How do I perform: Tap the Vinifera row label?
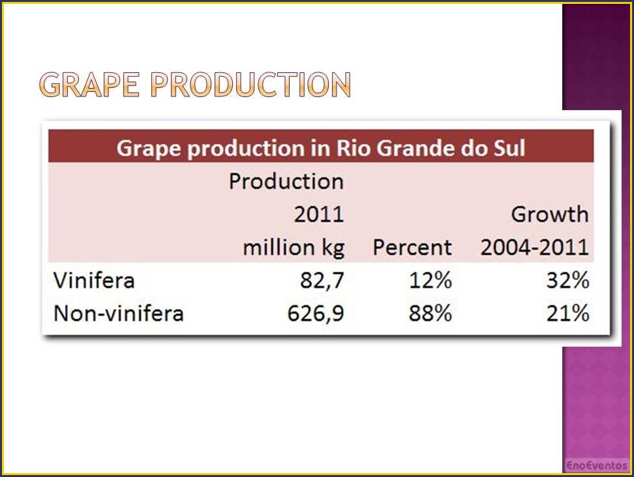coord(94,280)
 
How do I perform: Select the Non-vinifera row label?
coord(119,313)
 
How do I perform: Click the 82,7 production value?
coord(322,280)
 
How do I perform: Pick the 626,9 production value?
coord(316,313)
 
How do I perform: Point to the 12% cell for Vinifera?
coord(430,280)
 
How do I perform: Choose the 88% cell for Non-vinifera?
coord(430,313)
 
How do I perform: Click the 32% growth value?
coord(567,280)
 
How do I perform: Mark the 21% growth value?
coord(567,313)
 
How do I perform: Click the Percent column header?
coord(412,247)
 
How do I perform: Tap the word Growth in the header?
coord(550,214)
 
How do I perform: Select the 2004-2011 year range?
coord(535,247)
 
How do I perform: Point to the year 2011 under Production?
coord(319,214)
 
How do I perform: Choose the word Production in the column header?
coord(286,181)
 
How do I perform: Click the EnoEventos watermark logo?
coord(596,465)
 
